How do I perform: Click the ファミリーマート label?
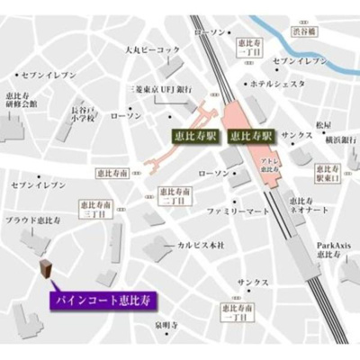(238, 211)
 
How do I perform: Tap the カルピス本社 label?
(201, 244)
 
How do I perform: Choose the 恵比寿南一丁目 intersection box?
(235, 311)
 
